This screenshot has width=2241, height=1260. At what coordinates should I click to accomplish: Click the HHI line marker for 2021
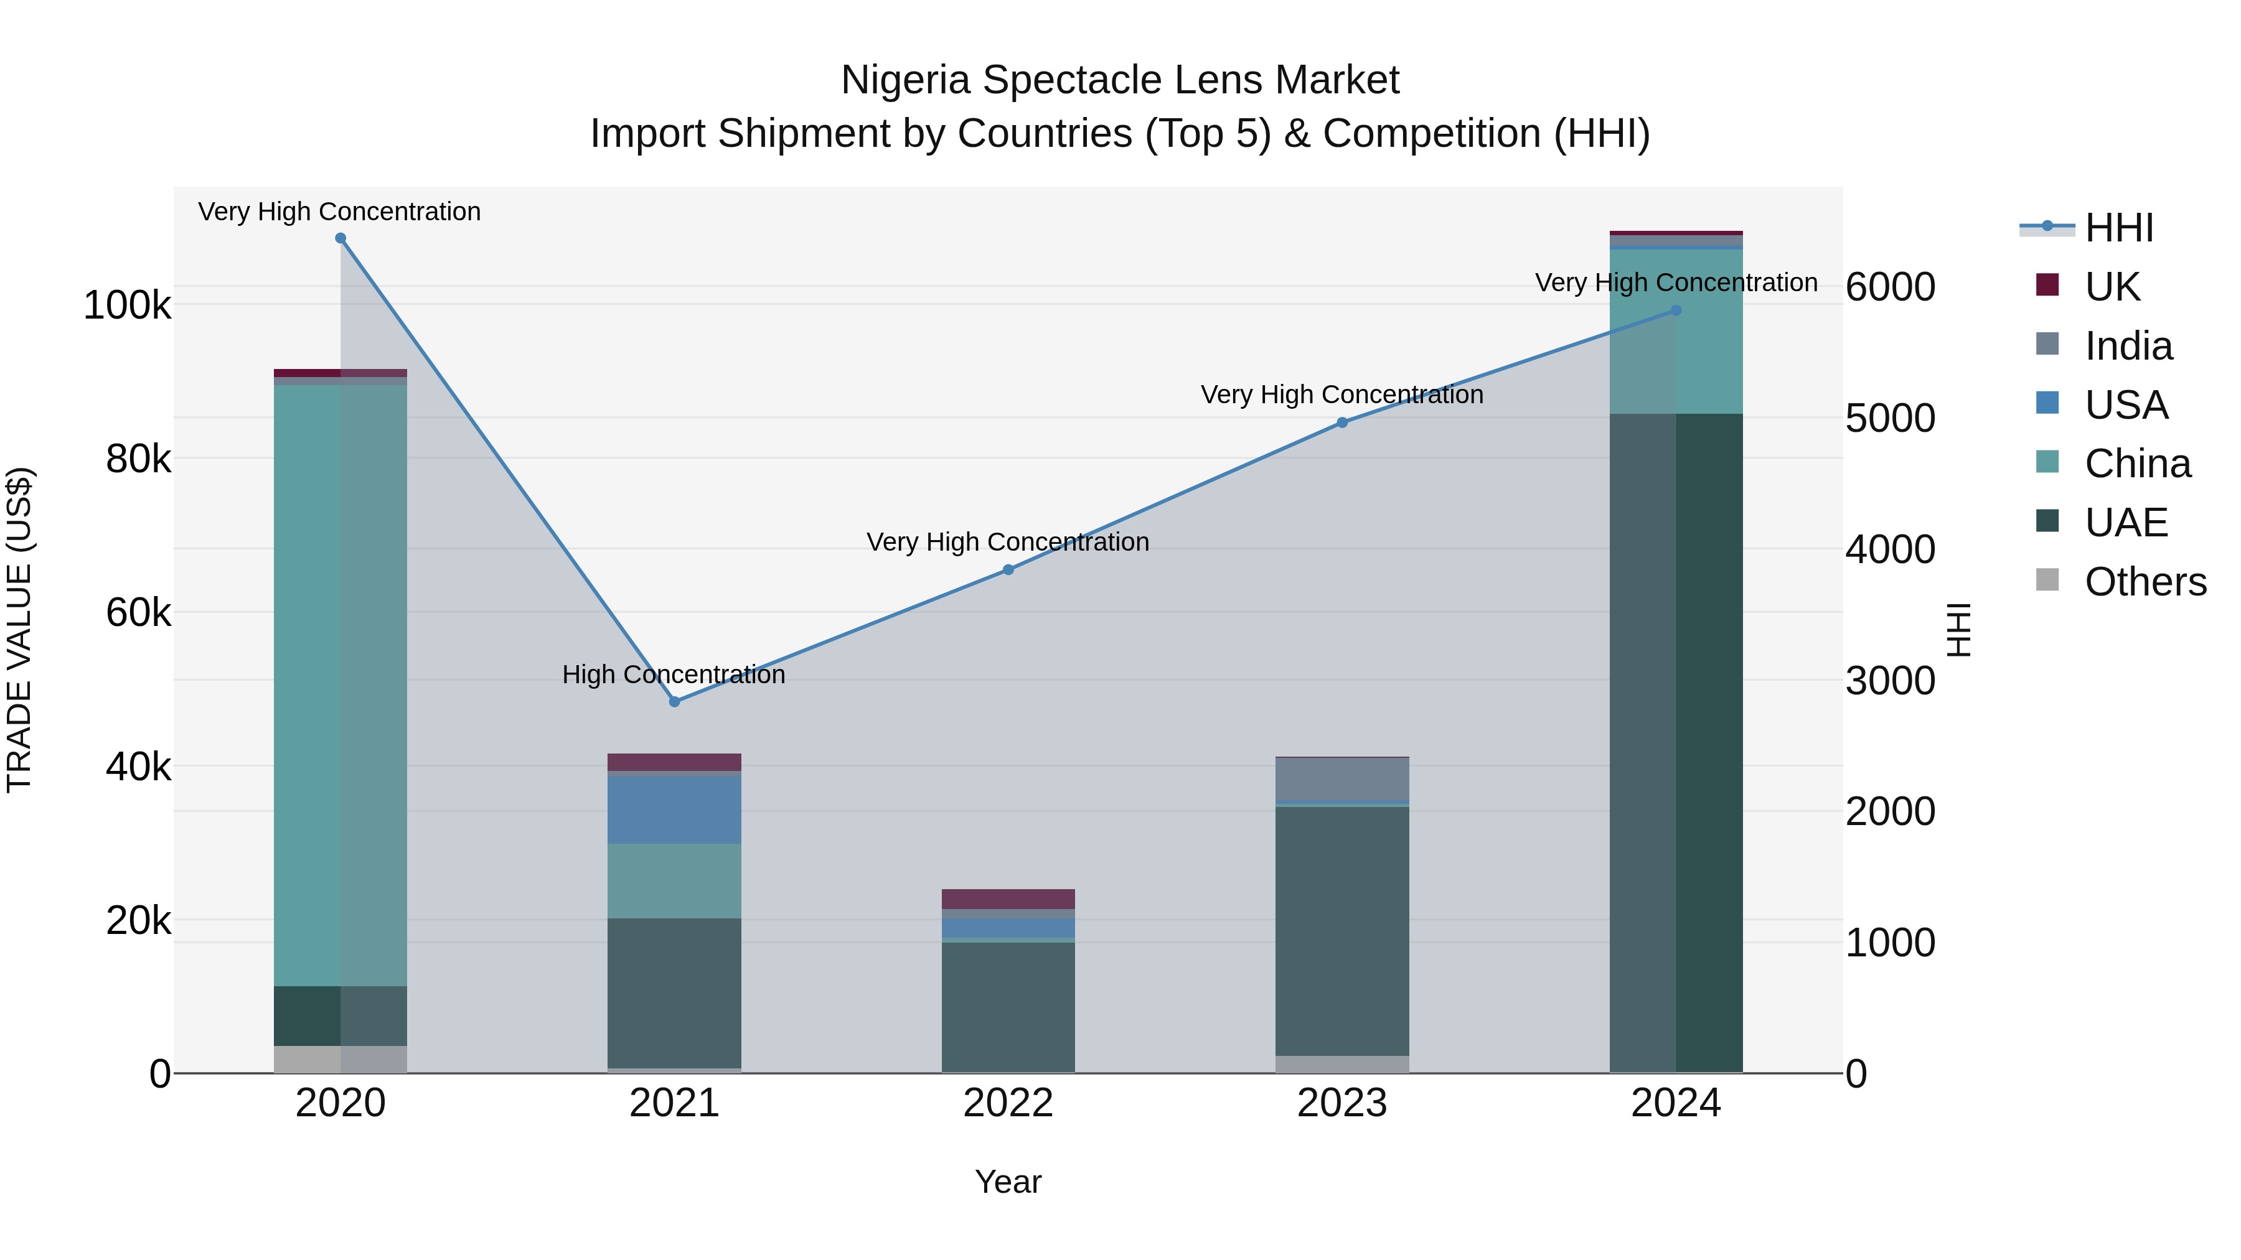[674, 702]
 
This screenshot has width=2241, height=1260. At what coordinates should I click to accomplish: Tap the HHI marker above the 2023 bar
[1341, 422]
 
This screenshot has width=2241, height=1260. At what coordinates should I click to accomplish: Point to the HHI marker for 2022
[1008, 569]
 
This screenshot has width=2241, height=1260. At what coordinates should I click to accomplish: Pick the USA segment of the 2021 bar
[674, 809]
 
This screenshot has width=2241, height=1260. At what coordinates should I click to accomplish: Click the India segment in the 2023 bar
[1341, 779]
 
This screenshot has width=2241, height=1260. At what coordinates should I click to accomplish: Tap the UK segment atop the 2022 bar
[1008, 899]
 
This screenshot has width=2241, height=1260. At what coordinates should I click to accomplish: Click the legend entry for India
[2128, 346]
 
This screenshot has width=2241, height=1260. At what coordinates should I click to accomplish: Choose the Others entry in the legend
[2145, 582]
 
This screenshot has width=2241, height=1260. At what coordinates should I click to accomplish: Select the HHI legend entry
[2118, 228]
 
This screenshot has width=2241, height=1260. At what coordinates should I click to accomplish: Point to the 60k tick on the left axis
[138, 613]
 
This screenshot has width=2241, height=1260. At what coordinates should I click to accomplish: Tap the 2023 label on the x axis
[1341, 1103]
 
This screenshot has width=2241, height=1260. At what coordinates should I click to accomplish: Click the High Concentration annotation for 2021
[674, 674]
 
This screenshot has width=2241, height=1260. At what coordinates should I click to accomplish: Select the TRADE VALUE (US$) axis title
[19, 630]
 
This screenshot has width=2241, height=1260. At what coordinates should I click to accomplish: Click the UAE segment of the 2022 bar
[1008, 1007]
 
